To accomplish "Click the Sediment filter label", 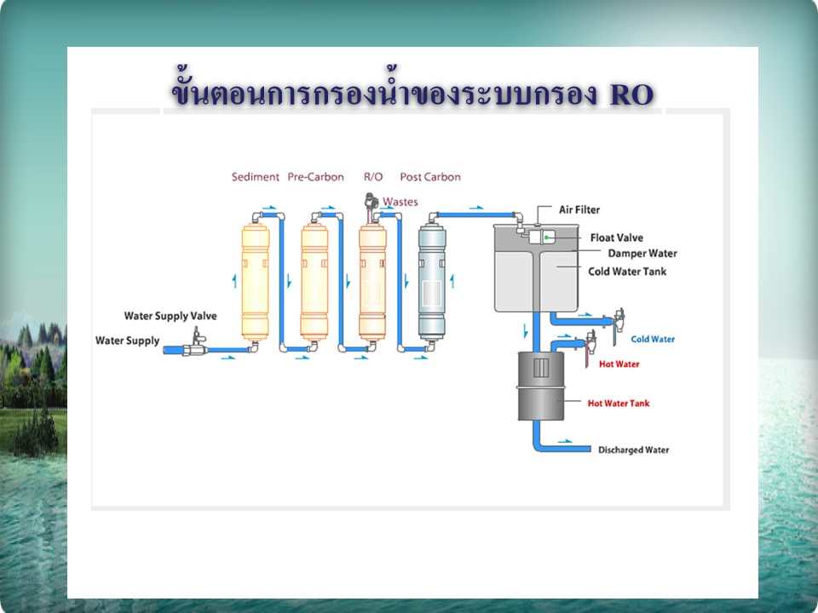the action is click(x=255, y=177).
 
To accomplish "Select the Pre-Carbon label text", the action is click(x=315, y=177).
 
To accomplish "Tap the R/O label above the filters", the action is click(x=373, y=177).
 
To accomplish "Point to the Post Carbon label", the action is click(x=430, y=177).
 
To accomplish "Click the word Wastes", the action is click(x=400, y=202).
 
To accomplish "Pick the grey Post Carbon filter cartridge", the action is click(x=432, y=283).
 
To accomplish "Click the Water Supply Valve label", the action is click(x=170, y=316).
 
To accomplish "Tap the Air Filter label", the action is click(x=579, y=209).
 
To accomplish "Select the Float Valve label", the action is click(x=617, y=238).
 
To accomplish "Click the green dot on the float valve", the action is click(x=546, y=238).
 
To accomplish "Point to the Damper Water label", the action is click(x=642, y=254).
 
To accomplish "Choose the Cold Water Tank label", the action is click(x=627, y=272).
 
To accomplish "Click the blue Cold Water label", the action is click(x=653, y=340).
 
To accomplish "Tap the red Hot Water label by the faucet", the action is click(x=619, y=364).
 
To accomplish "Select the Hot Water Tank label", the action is click(x=619, y=403).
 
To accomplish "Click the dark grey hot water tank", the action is click(x=541, y=386).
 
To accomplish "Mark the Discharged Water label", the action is click(x=633, y=450).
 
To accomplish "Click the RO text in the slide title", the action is click(x=631, y=95).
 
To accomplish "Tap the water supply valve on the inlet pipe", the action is click(x=196, y=343).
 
